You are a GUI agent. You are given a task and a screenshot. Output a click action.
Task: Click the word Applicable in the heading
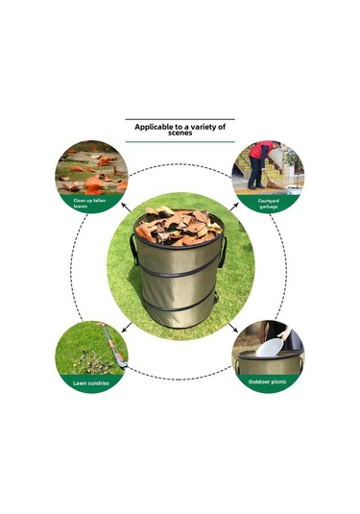tap(154, 127)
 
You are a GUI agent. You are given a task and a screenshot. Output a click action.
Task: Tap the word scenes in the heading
tap(180, 133)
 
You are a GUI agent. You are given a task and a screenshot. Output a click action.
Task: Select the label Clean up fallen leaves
tap(89, 204)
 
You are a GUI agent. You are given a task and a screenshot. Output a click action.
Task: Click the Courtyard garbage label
tap(269, 204)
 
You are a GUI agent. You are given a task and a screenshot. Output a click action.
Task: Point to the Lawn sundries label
tap(91, 383)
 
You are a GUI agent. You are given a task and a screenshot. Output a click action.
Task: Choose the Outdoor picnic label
tap(267, 381)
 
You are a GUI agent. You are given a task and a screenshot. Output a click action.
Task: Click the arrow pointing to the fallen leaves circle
tap(126, 208)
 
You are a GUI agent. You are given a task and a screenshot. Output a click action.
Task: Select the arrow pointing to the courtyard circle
tap(233, 208)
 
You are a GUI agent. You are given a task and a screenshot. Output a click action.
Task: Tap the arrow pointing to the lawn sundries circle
tap(127, 328)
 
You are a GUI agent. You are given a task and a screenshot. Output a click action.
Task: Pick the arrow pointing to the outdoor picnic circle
tap(233, 328)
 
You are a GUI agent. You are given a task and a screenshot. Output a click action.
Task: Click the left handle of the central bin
tap(133, 249)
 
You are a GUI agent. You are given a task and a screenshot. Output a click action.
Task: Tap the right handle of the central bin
tap(224, 252)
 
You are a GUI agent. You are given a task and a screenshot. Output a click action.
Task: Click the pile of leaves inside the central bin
tap(179, 226)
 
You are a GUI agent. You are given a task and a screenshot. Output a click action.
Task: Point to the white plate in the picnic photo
tap(270, 348)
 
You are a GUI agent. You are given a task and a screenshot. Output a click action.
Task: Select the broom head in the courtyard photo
tap(274, 184)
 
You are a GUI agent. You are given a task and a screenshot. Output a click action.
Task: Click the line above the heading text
tap(180, 119)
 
